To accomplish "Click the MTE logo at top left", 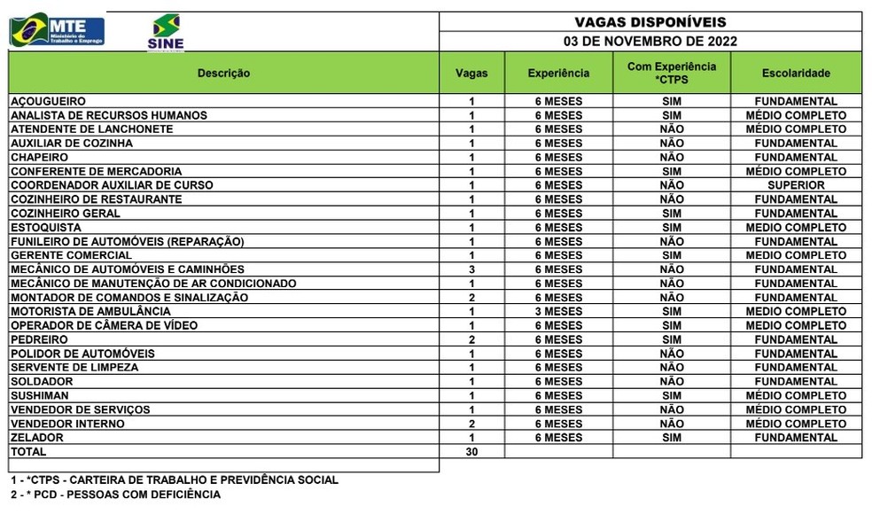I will coord(57,31).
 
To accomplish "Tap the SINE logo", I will coord(166,33).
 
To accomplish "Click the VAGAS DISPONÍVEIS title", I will coord(650,22).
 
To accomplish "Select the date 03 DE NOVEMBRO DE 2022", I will coord(650,41).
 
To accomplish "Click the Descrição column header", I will coord(223,73).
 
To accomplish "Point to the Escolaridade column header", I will coord(796,73).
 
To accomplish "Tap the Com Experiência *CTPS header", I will coord(672,73).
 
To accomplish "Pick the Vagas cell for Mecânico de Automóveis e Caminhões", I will coord(471,269).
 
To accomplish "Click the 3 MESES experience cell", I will coord(558,311).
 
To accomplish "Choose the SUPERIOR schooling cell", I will coord(796,185).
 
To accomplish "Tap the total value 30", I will coord(471,452).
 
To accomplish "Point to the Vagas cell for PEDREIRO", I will coord(471,339).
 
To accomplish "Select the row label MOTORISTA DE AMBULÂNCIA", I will coord(90,311).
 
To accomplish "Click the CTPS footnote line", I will coord(175,480).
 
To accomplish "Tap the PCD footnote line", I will coord(115,495).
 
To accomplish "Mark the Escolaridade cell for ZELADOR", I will coord(796,438).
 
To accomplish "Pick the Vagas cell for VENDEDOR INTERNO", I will coord(471,424).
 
